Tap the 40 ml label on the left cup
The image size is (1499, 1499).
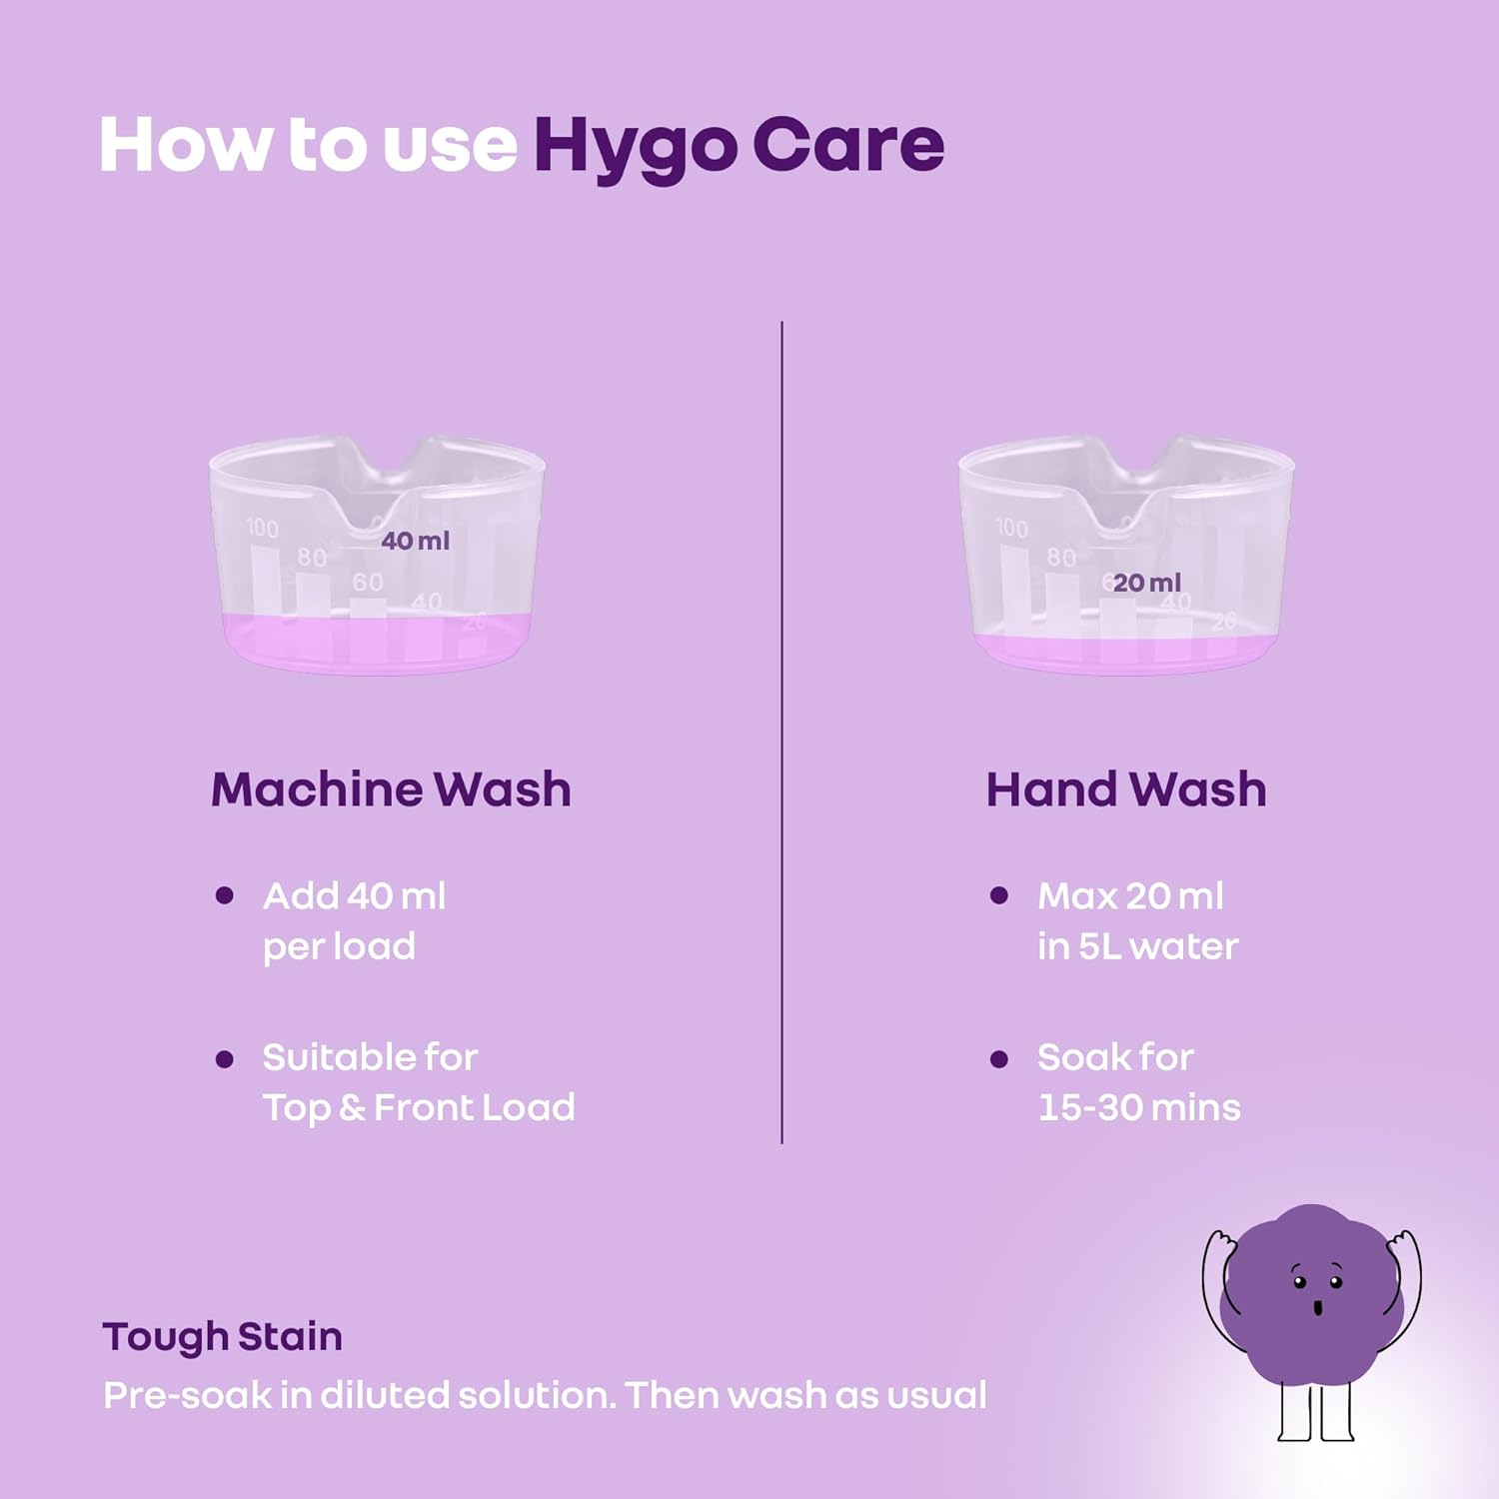click(x=415, y=541)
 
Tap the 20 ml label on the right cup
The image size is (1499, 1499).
click(x=1146, y=583)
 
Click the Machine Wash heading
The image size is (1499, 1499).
click(x=391, y=789)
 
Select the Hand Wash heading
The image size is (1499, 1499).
click(x=1126, y=789)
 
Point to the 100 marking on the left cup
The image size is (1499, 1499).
click(x=262, y=528)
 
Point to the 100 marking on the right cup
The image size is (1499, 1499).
click(x=1011, y=528)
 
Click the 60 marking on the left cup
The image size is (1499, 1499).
click(x=367, y=582)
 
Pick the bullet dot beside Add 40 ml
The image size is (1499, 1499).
click(x=225, y=895)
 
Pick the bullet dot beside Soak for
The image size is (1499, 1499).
click(x=998, y=1058)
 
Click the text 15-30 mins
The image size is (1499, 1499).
click(x=1138, y=1107)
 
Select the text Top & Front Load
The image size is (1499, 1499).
click(x=419, y=1107)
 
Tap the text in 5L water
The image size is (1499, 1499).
click(x=1137, y=946)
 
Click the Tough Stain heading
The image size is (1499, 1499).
click(x=222, y=1336)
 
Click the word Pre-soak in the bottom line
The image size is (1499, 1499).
click(x=187, y=1395)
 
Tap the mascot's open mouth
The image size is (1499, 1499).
click(x=1317, y=1307)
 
